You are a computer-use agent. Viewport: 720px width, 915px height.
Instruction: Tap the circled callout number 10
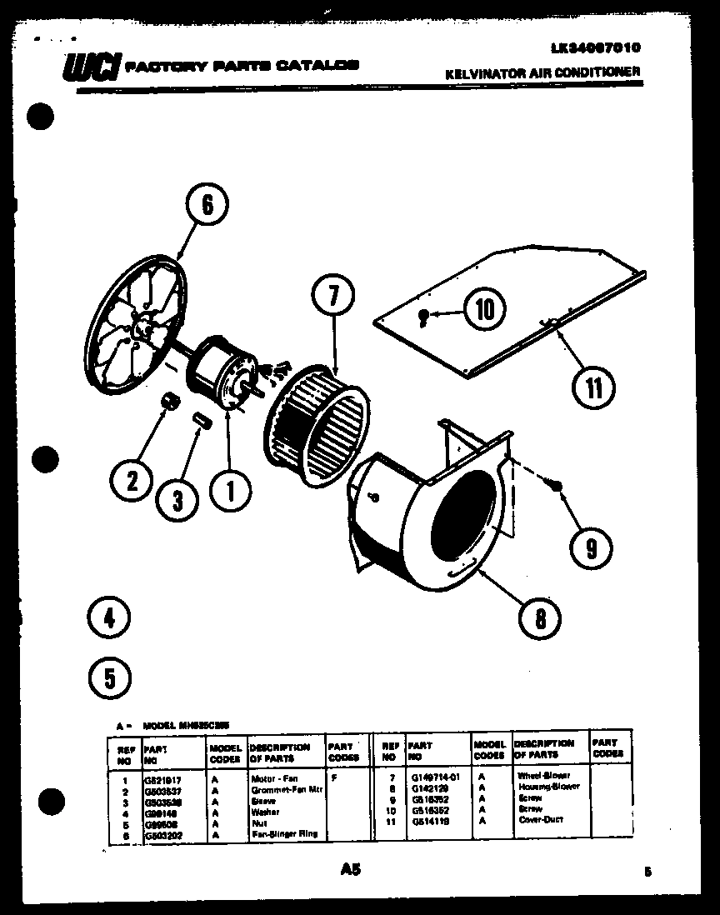(x=484, y=310)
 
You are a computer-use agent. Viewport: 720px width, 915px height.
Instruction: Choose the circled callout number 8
(x=540, y=617)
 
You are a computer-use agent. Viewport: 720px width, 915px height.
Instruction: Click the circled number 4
(x=108, y=617)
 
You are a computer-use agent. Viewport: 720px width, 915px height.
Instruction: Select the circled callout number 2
(x=132, y=480)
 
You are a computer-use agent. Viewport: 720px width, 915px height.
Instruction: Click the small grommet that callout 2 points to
(x=170, y=402)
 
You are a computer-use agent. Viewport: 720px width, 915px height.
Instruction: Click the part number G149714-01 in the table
(x=435, y=776)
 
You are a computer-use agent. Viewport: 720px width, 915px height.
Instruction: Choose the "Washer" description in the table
(x=265, y=811)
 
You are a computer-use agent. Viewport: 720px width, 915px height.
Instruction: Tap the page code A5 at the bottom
(x=351, y=870)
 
